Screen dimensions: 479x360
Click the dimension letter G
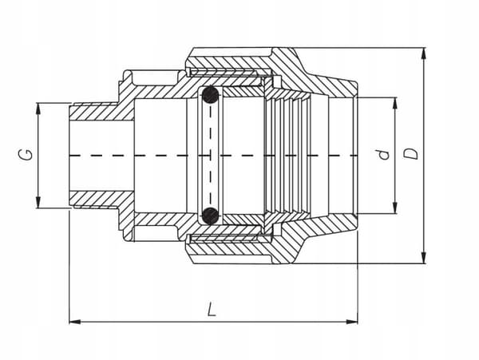point(28,156)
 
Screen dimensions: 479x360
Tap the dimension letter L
point(212,309)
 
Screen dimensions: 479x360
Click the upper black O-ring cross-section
point(210,94)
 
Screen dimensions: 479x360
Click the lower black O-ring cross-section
point(211,216)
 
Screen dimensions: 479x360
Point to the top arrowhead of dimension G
point(38,109)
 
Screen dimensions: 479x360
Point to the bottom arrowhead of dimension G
point(38,203)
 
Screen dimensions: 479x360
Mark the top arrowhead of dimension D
point(423,53)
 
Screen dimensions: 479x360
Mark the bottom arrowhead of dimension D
point(423,257)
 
